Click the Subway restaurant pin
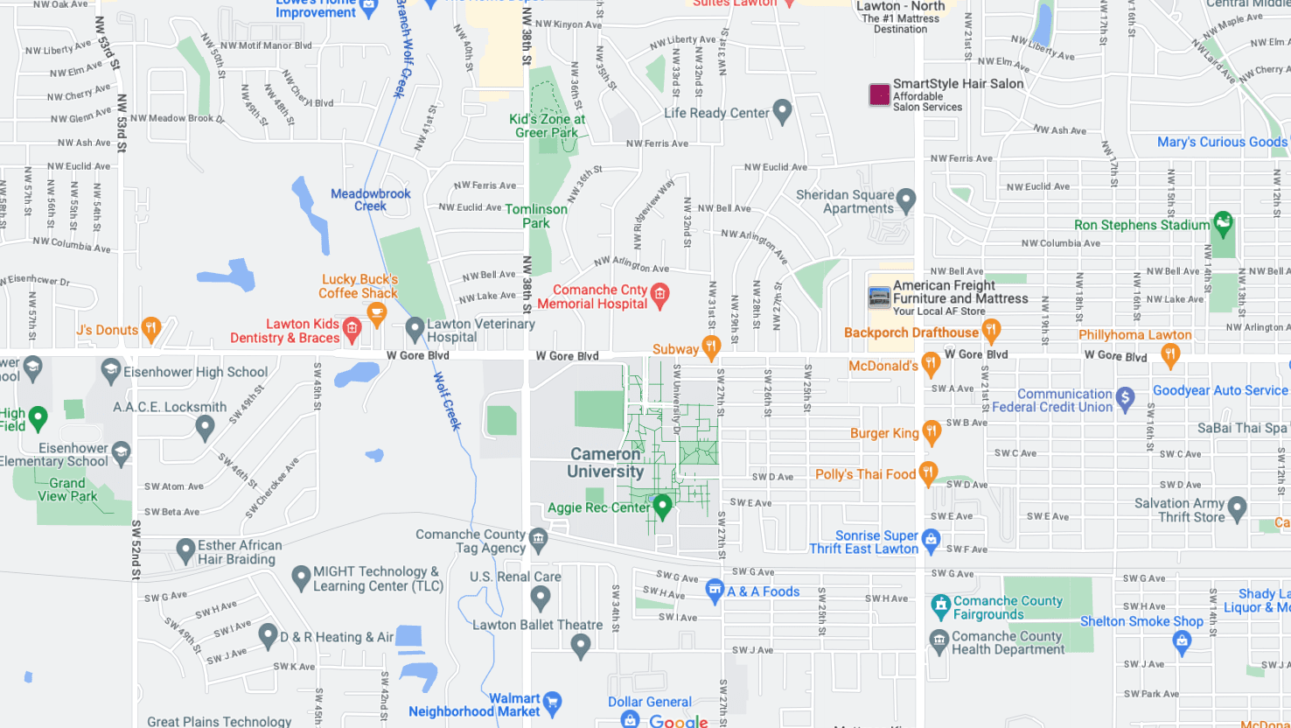(711, 347)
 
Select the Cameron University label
(605, 463)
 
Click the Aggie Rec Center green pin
(662, 505)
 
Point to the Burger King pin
(932, 430)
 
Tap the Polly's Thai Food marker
(928, 472)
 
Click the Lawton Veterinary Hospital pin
(415, 329)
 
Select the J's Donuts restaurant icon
(150, 329)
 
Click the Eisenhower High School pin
(111, 370)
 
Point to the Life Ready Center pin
(782, 111)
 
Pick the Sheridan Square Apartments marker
(906, 199)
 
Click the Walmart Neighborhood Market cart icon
(552, 702)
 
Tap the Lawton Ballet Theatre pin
(580, 646)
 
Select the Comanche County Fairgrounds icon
(940, 605)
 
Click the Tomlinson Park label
(536, 216)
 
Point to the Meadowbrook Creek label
(371, 199)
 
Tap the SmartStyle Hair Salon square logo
(879, 94)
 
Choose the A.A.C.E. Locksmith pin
(205, 427)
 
